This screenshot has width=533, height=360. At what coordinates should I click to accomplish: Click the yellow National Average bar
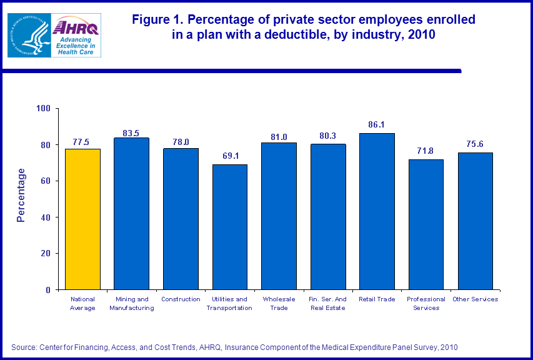click(x=82, y=219)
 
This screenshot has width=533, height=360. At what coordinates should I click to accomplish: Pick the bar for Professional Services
click(x=426, y=224)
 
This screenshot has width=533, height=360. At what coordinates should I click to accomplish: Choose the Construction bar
click(x=181, y=219)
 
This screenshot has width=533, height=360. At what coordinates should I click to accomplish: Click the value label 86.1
click(x=377, y=124)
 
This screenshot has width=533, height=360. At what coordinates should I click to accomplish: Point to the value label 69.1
click(x=230, y=156)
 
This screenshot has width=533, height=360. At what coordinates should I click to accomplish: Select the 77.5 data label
click(x=82, y=140)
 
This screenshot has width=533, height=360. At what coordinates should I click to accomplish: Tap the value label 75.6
click(x=475, y=144)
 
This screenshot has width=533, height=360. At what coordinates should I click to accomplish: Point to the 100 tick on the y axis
click(x=43, y=109)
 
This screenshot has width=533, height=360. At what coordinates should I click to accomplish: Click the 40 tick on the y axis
click(x=46, y=217)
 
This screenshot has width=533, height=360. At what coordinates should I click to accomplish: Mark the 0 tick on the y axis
click(x=48, y=290)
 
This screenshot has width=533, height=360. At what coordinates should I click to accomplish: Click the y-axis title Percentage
click(x=21, y=195)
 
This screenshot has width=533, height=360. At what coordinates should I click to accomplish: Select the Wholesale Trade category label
click(x=279, y=303)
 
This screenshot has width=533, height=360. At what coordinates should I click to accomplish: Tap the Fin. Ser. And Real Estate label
click(x=328, y=303)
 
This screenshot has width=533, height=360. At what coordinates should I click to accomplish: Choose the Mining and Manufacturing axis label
click(x=131, y=303)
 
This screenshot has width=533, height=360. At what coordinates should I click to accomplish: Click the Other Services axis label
click(x=475, y=299)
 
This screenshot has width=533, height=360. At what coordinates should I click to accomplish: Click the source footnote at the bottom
click(x=237, y=346)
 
